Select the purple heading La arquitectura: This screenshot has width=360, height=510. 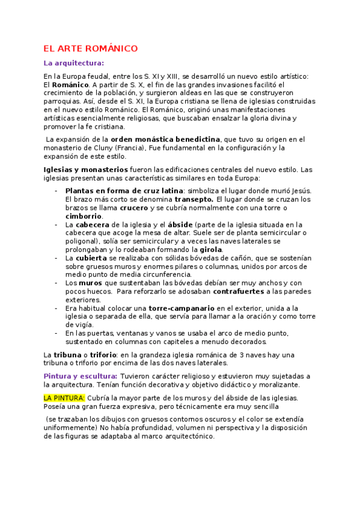(x=74, y=63)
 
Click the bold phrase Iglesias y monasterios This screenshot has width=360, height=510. (x=85, y=170)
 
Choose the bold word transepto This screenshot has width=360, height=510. (x=194, y=199)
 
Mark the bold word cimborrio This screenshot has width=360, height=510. (x=84, y=216)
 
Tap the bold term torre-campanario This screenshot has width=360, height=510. (x=182, y=309)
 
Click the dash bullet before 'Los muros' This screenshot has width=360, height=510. (x=55, y=283)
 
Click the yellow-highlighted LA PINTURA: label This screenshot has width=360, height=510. (x=64, y=398)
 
